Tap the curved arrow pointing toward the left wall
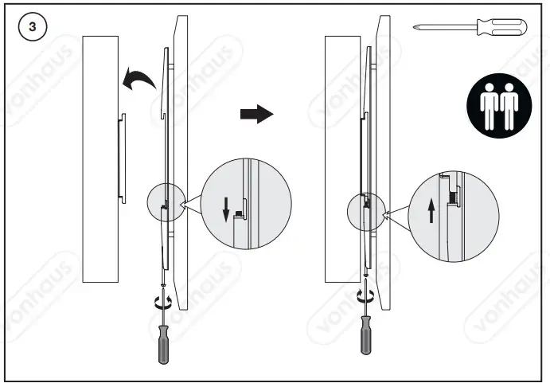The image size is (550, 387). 138,80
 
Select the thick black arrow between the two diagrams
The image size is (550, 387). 256,115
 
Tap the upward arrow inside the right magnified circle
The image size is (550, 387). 431,211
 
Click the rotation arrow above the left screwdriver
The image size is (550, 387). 163,301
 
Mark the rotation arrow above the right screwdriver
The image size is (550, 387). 365,297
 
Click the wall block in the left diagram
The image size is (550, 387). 100,159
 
